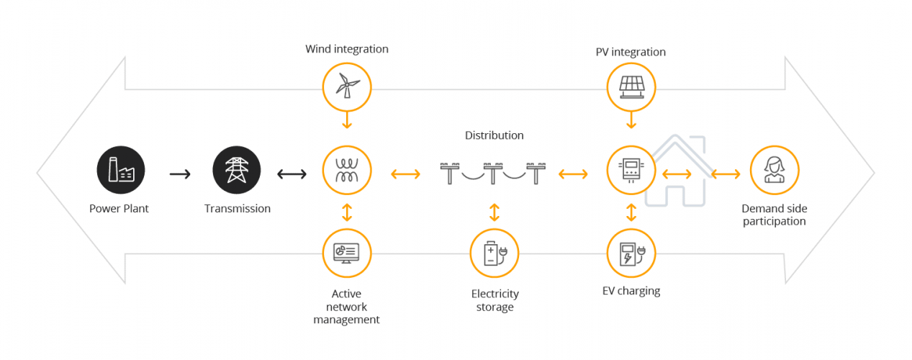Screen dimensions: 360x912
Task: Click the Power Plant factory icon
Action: (x=121, y=171)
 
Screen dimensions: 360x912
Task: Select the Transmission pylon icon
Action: (x=237, y=171)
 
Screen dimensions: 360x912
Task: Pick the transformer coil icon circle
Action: (x=347, y=171)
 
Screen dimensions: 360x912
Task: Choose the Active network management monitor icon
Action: (x=347, y=253)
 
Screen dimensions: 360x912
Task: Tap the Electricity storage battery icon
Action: (x=495, y=253)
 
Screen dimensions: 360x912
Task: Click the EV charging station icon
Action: (x=631, y=253)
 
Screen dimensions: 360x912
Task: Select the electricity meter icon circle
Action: (x=631, y=171)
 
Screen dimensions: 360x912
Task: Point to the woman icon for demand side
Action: (x=775, y=171)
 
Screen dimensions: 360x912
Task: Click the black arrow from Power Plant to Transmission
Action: (x=180, y=174)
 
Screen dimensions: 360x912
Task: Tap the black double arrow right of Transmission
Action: (x=292, y=174)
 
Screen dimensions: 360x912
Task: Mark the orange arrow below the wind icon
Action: (x=347, y=120)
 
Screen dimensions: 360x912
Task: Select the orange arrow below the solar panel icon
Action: (x=631, y=120)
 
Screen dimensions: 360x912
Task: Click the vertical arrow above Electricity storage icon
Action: (x=495, y=212)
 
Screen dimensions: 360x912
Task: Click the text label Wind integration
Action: (x=347, y=49)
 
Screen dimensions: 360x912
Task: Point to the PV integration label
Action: (x=631, y=52)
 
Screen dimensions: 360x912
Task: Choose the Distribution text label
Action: (x=495, y=135)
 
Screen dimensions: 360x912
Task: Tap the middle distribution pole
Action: (x=493, y=173)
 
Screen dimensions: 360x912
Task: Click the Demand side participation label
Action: (x=775, y=215)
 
